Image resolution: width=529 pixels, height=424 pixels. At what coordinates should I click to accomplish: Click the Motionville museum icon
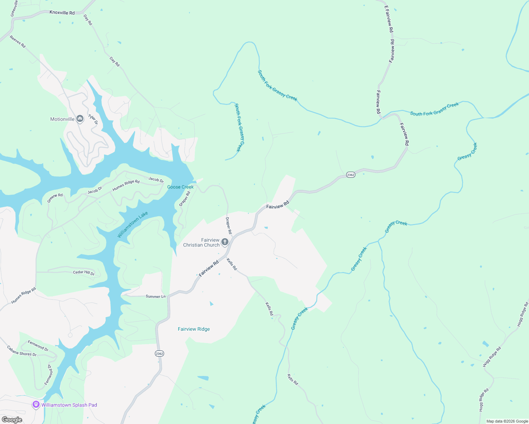(80, 119)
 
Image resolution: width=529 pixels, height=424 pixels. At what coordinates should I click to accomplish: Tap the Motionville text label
(62, 119)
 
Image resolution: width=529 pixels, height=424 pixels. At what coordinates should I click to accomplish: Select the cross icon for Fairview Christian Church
(225, 242)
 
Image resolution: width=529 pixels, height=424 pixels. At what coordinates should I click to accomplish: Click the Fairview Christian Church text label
(202, 242)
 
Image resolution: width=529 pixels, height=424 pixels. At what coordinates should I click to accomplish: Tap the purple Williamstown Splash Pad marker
(36, 405)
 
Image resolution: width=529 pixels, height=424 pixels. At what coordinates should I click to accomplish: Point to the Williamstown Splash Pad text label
(69, 405)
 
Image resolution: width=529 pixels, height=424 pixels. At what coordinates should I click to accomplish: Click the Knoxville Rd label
(62, 12)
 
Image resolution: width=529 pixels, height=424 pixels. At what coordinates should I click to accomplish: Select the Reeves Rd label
(18, 42)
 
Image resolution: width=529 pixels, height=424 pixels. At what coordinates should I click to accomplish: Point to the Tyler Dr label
(93, 119)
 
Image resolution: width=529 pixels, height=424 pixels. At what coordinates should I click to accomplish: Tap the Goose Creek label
(180, 187)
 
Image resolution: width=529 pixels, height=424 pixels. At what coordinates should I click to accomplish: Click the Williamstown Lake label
(133, 225)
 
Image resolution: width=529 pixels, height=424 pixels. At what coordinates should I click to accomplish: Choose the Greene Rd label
(55, 198)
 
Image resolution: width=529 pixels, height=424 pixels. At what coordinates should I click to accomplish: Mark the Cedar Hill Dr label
(84, 272)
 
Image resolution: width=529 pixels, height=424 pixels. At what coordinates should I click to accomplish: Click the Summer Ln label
(156, 296)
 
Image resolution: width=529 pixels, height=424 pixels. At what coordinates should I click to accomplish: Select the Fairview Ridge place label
(194, 329)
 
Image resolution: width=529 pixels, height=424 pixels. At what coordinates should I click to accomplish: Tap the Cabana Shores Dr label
(22, 351)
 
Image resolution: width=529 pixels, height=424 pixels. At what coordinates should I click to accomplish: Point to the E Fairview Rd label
(389, 19)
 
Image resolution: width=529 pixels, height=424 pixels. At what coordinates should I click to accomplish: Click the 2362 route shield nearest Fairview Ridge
(159, 353)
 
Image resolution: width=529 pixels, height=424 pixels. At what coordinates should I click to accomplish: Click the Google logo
(12, 419)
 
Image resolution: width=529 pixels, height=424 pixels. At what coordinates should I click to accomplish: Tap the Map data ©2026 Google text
(507, 421)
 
